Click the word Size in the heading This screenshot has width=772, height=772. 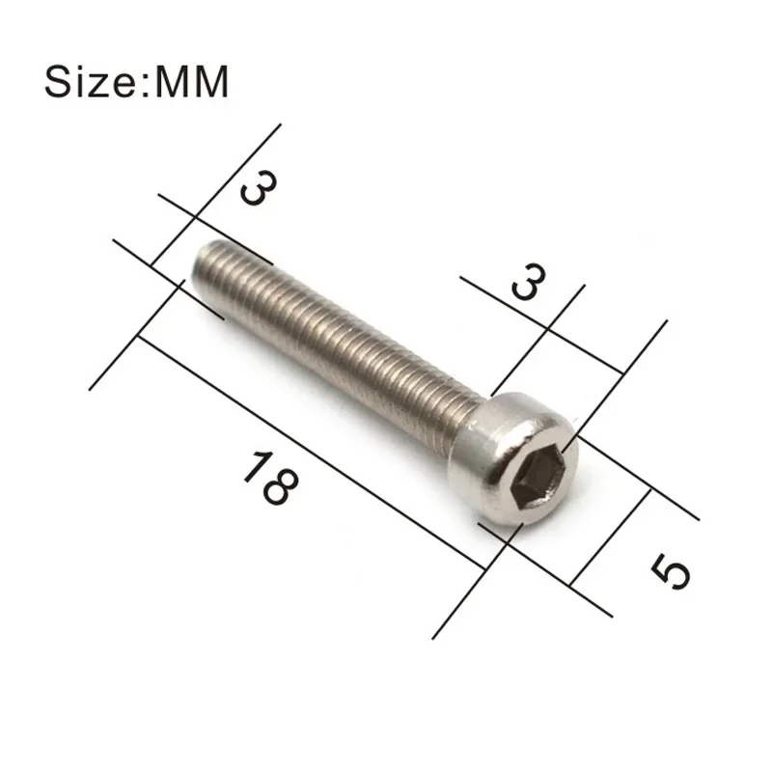tap(92, 82)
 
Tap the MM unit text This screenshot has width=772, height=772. tap(187, 82)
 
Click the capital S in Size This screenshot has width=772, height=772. tap(58, 82)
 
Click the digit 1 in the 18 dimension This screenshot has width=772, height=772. tap(253, 466)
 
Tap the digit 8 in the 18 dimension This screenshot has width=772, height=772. tap(275, 488)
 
